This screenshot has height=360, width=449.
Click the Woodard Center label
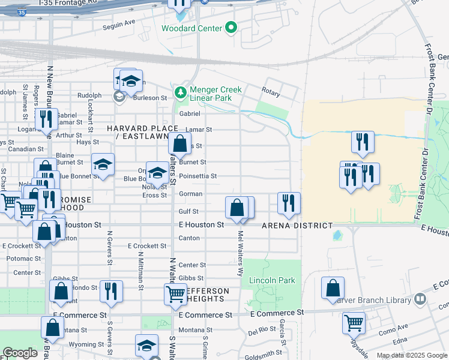190,28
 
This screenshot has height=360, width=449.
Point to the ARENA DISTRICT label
297,226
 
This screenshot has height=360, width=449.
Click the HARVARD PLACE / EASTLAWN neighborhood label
142,133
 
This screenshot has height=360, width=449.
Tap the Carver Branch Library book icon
421,298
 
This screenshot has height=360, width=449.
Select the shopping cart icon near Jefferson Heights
175,294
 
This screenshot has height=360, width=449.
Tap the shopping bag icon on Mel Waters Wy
237,208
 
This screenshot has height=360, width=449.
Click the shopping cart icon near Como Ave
354,323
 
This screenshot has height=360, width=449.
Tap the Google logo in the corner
20,353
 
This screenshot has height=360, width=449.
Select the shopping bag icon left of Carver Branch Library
333,287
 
